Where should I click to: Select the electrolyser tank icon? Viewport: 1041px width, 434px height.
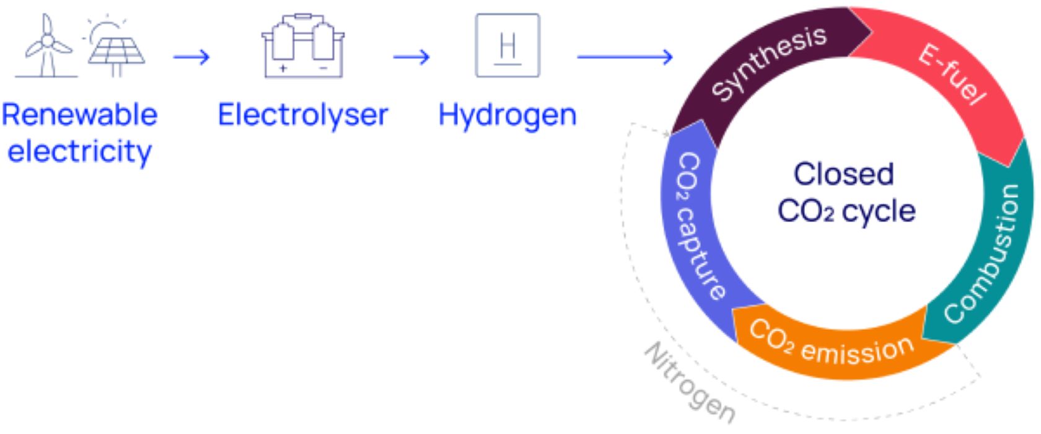(302, 46)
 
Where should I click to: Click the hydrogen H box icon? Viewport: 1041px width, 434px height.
(507, 45)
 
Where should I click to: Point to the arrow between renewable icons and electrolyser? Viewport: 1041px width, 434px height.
(191, 58)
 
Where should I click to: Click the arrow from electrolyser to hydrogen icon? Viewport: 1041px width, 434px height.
(411, 58)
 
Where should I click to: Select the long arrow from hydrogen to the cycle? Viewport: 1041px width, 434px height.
(625, 58)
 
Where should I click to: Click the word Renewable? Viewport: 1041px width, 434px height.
(79, 115)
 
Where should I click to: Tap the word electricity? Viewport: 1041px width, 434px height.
(79, 152)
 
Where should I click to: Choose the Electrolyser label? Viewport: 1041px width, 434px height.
(302, 115)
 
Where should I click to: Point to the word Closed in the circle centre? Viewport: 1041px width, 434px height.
(843, 174)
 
